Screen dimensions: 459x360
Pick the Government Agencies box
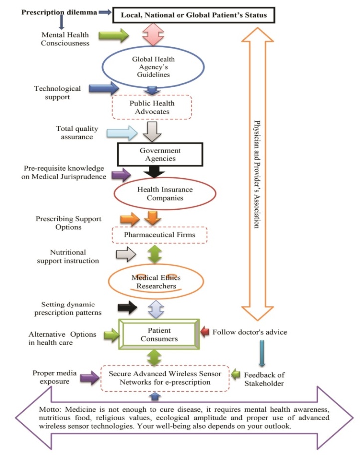[153, 154]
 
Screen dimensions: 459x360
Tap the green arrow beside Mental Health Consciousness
[114, 35]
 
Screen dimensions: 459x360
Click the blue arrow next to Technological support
[103, 88]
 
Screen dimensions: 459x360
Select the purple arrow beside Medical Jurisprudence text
[121, 174]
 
